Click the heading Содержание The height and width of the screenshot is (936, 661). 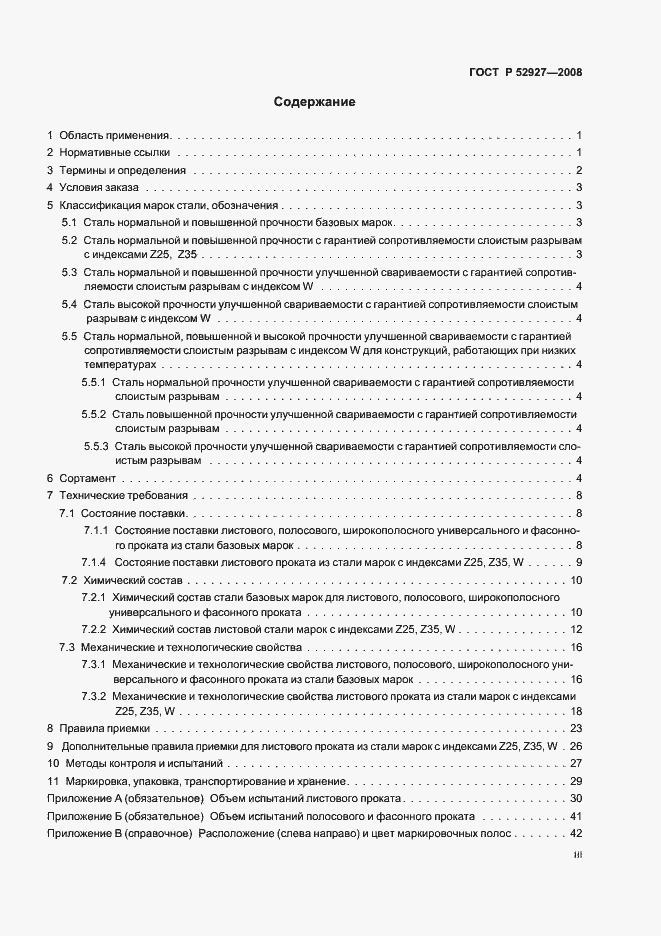click(314, 102)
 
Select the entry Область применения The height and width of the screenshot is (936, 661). click(115, 134)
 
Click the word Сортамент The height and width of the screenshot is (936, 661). click(88, 479)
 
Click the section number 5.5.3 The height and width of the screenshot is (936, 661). click(96, 445)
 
